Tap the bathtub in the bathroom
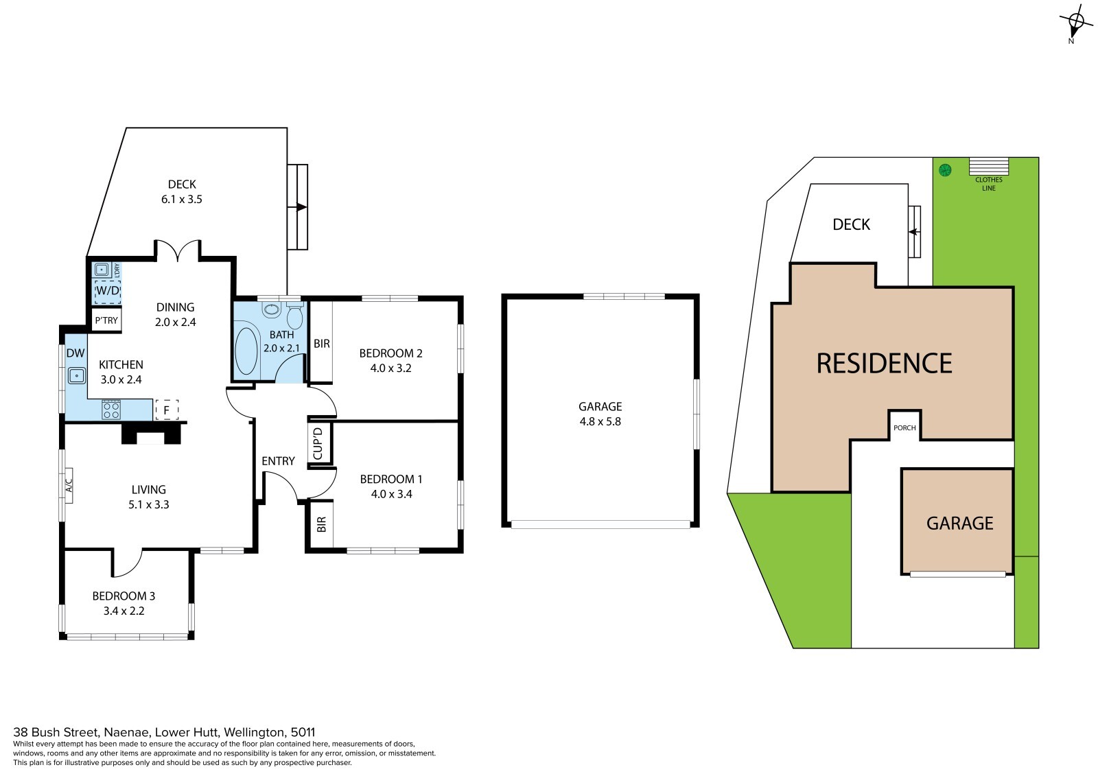pos(246,351)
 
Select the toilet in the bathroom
pos(294,316)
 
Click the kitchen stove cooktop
pos(111,410)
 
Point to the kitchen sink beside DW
pos(77,376)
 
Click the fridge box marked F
pos(167,410)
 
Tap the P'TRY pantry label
pos(106,320)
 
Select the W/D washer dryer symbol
pos(107,291)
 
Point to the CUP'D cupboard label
pos(318,444)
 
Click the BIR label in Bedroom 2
pos(322,344)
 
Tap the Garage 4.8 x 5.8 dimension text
pos(600,421)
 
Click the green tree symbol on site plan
pos(945,170)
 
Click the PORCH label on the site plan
pos(904,428)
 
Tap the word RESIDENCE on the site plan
pos(885,363)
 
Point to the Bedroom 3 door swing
pos(128,564)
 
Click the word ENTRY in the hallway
pos(278,461)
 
